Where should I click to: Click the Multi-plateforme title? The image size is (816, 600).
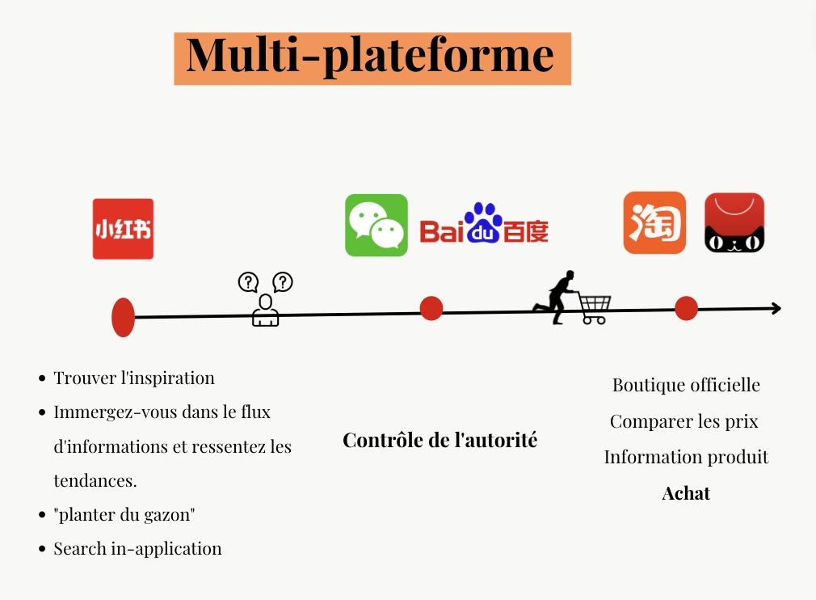[372, 58]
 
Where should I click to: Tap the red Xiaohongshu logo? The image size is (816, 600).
[123, 229]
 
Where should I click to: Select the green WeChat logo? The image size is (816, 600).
[376, 225]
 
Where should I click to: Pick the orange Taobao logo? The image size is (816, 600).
[654, 223]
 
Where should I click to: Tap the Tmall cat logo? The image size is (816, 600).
[734, 223]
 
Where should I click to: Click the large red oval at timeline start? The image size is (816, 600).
[123, 317]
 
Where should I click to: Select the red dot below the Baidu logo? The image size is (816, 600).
[431, 308]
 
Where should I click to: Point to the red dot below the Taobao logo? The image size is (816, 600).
[686, 308]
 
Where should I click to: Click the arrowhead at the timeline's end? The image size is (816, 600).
[776, 308]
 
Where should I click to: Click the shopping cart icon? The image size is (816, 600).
[594, 308]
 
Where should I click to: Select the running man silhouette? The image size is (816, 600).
[556, 297]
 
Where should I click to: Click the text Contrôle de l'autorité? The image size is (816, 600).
[440, 440]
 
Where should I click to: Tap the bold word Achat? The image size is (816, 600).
[686, 493]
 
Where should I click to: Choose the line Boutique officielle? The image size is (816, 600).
[686, 385]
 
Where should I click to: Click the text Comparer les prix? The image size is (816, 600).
[684, 421]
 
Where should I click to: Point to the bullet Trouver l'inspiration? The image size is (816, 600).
[134, 378]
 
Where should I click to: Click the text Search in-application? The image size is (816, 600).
[137, 548]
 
